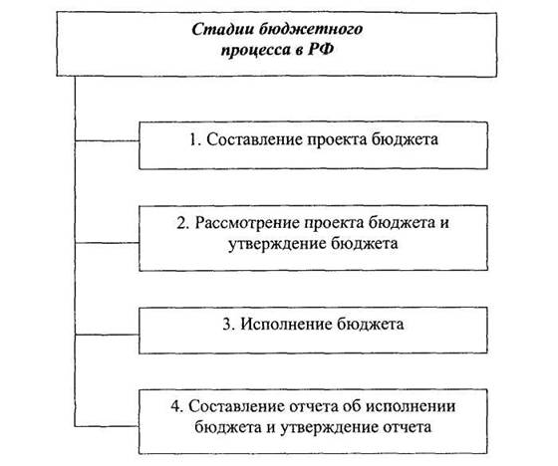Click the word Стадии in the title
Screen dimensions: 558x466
tap(222, 30)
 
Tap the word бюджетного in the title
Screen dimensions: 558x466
tap(310, 30)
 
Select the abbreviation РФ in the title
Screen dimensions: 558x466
tap(321, 49)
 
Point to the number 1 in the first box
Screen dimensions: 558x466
tap(194, 139)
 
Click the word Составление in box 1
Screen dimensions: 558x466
tap(254, 139)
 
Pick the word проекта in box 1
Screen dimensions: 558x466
tap(337, 139)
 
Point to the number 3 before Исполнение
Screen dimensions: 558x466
tap(228, 324)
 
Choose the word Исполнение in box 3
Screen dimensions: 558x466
tap(286, 324)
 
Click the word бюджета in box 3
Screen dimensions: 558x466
tap(370, 324)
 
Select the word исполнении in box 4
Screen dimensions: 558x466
tap(411, 407)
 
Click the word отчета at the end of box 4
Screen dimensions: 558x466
tap(408, 427)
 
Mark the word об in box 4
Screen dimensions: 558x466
tap(351, 405)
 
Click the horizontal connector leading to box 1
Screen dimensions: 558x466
tap(107, 140)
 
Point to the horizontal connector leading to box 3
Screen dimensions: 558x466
tap(107, 335)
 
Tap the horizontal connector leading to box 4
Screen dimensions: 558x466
tap(107, 425)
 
